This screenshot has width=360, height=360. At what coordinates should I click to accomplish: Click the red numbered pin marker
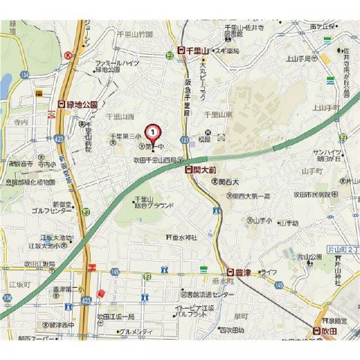coord(153,133)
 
